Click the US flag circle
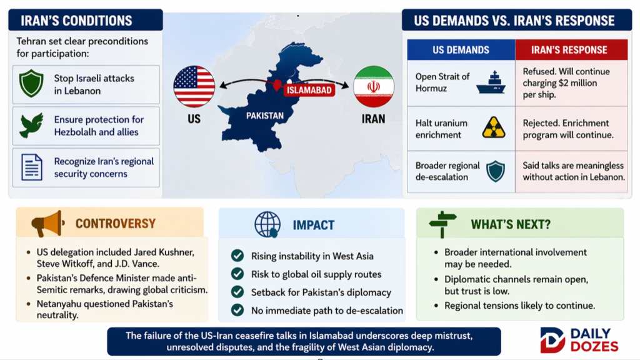click(194, 86)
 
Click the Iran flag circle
click(374, 86)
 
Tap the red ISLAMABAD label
click(309, 90)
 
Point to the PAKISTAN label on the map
click(264, 116)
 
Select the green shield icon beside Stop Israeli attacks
click(31, 84)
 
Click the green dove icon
click(31, 125)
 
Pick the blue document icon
click(31, 167)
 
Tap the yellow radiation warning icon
click(494, 127)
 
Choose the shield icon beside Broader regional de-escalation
click(496, 171)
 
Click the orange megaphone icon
click(47, 223)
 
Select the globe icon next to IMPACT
click(267, 224)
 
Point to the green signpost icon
click(442, 224)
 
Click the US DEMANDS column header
click(461, 50)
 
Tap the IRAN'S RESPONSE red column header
click(571, 50)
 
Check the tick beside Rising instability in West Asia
click(237, 256)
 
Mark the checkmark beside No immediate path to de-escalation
click(237, 310)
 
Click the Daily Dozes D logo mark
click(552, 340)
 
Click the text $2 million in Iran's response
click(579, 83)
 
